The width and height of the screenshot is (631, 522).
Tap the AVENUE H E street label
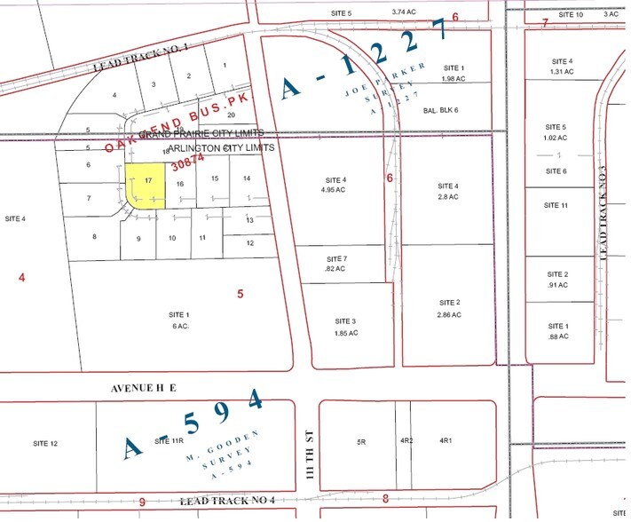(x=145, y=389)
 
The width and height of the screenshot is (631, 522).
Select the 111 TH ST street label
(x=307, y=439)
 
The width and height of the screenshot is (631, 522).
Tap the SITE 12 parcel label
(x=45, y=443)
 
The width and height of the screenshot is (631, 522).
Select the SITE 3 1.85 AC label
(x=346, y=327)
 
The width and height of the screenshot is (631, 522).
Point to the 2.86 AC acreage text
(x=449, y=314)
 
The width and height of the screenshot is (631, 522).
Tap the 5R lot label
(x=361, y=440)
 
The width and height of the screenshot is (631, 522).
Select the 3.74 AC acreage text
(x=404, y=12)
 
